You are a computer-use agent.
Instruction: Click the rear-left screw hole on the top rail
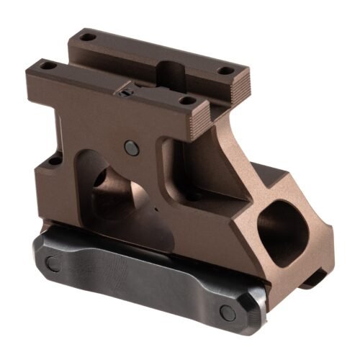pos(86,37)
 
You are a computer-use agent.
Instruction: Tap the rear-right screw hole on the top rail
pos(225,71)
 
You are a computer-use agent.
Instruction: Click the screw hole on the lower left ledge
pos(54,161)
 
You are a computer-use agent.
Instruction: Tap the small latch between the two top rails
pos(127,91)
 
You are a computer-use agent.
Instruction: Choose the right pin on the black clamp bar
pos(228,312)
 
